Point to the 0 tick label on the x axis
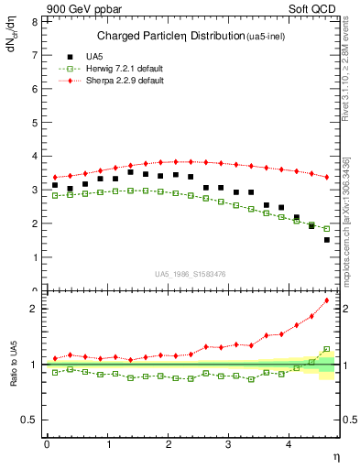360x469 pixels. [47, 444]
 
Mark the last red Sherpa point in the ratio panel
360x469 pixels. [327, 300]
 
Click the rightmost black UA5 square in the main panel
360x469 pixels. [327, 240]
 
